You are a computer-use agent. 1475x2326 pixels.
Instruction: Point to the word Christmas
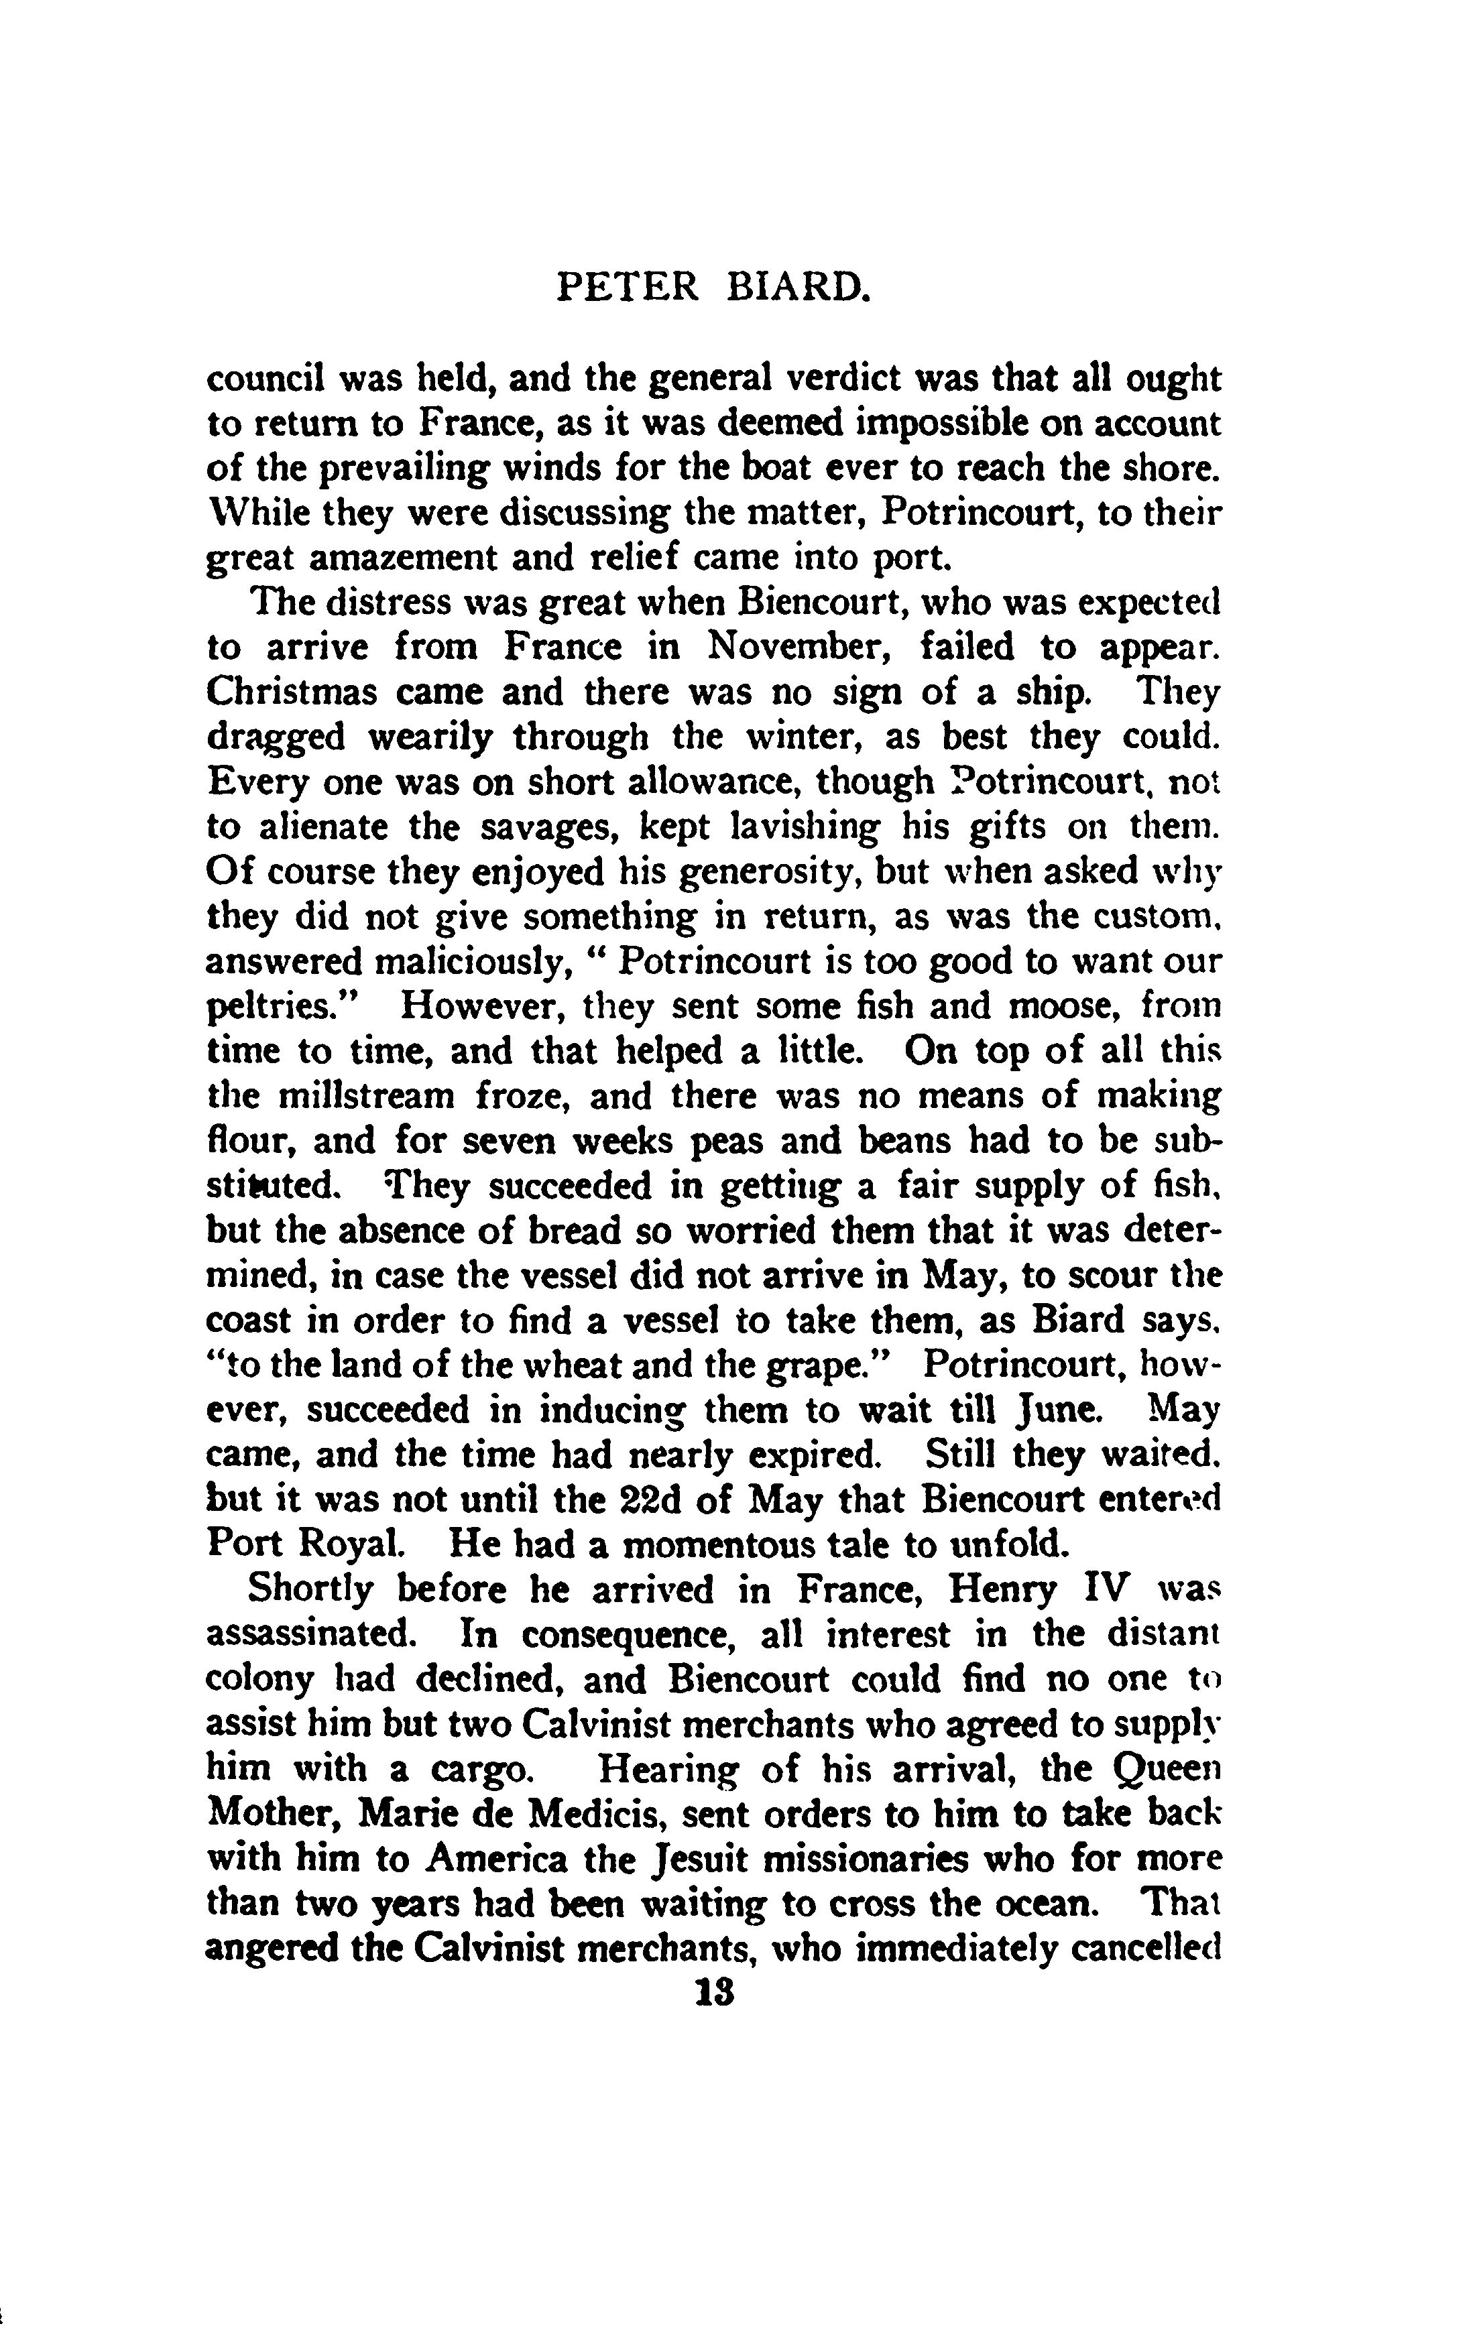pyautogui.click(x=282, y=692)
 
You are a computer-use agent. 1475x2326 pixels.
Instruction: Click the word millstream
pyautogui.click(x=366, y=1097)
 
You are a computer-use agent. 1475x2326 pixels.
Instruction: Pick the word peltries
pyautogui.click(x=284, y=1007)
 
